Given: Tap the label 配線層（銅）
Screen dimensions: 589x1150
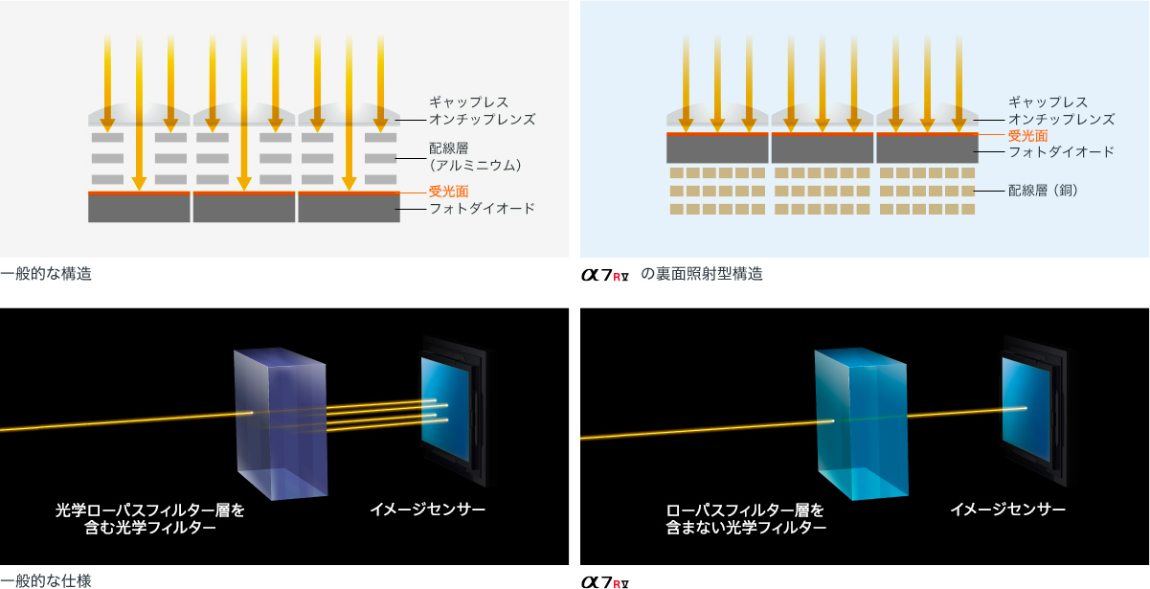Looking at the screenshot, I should [1044, 191].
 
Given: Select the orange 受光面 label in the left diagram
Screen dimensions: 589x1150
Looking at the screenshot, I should [448, 192].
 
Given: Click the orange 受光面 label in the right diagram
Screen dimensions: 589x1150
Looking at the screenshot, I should [1027, 136].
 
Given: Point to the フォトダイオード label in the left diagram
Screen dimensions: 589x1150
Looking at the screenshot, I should [482, 209].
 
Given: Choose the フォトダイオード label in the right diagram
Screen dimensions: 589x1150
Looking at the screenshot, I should [1061, 152].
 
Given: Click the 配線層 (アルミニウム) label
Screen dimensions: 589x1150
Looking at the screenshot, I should [475, 157].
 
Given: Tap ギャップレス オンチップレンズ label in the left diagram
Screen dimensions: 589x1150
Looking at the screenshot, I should [482, 111].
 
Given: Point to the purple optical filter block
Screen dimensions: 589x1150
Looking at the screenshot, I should [281, 421].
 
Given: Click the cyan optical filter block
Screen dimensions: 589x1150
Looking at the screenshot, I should [860, 421].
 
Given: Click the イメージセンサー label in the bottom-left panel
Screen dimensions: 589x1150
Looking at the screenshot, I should [427, 510].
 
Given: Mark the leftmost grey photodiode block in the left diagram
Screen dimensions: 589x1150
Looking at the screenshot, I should [139, 209].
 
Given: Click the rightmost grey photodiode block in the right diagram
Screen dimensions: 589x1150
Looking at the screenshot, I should [927, 149].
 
